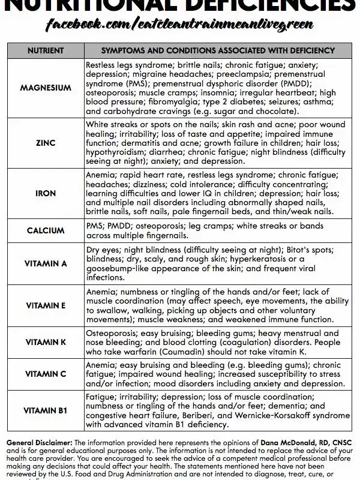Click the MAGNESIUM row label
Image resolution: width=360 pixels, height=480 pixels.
click(46, 88)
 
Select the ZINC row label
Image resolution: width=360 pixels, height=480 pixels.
click(46, 144)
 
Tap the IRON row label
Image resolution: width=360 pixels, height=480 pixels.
click(46, 194)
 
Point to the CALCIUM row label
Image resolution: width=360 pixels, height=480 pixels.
click(46, 230)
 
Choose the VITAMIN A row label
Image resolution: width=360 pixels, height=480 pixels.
click(46, 263)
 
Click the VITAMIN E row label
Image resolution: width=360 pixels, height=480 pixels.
click(46, 305)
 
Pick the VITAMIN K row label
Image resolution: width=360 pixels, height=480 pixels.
click(46, 342)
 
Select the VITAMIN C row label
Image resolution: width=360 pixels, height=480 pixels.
click(46, 374)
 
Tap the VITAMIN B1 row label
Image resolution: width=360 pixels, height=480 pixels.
click(46, 411)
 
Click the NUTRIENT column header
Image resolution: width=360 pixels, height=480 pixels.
click(46, 50)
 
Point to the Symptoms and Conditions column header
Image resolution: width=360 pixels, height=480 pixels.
click(218, 50)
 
